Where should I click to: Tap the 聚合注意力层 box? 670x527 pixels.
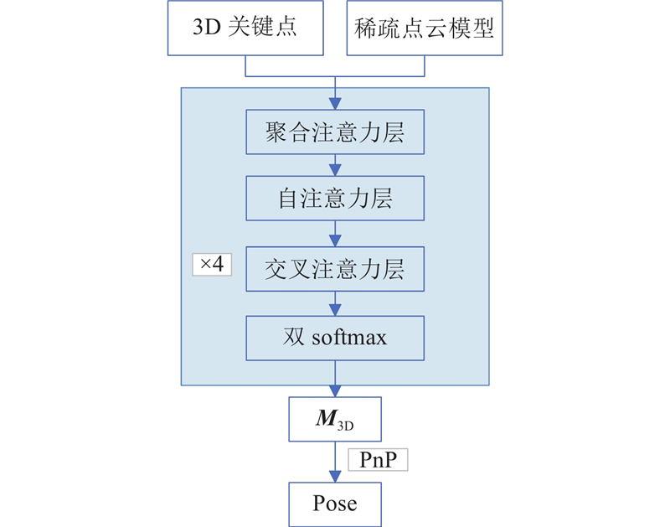335,132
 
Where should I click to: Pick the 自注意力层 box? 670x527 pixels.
335,199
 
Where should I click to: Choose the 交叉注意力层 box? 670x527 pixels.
335,269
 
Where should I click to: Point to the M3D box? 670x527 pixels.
335,420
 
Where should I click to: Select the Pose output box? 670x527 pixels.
335,504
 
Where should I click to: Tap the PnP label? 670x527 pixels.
377,459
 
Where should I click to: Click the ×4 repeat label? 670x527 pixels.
212,265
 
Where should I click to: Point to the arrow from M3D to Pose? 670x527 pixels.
335,462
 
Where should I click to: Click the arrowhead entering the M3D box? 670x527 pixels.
335,393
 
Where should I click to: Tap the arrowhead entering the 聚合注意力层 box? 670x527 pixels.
335,106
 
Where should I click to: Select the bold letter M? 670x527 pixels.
325,418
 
